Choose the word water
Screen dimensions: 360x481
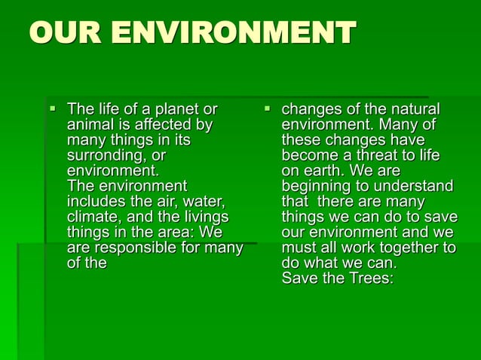pos(203,201)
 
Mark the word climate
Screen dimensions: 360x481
pos(92,216)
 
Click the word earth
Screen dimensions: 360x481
pos(319,171)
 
